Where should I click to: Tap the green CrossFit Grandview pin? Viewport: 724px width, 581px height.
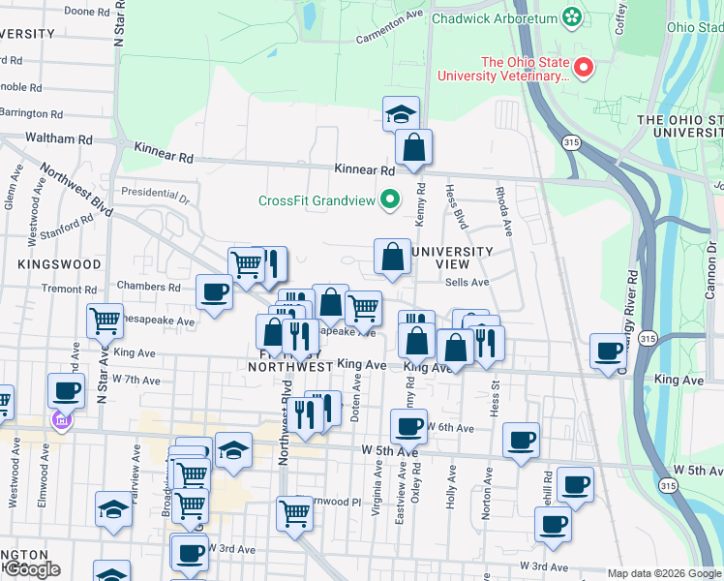tap(391, 200)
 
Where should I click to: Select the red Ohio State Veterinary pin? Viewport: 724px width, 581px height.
tap(584, 68)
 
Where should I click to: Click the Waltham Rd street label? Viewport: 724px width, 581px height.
tap(59, 138)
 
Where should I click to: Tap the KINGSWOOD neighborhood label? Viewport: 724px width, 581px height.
tap(59, 263)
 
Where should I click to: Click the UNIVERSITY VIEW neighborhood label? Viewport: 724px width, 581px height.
tap(451, 259)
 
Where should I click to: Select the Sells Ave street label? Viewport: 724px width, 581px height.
tap(468, 282)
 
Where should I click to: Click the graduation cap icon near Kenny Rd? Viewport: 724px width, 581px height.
tap(401, 113)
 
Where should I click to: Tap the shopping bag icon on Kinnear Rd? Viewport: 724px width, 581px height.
tap(413, 147)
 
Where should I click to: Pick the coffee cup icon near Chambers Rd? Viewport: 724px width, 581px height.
tap(213, 290)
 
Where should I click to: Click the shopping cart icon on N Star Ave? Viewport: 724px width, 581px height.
tap(105, 319)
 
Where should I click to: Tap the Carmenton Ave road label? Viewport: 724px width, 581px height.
tap(390, 28)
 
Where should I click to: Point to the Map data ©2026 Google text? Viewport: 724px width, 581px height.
tap(665, 573)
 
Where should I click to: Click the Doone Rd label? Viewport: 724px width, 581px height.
tap(85, 12)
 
